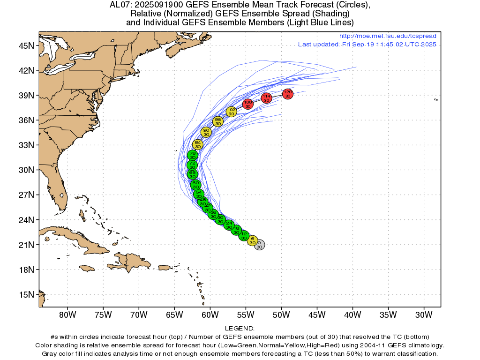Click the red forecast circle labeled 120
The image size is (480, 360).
tap(288, 94)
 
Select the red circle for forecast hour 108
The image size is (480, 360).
tap(248, 104)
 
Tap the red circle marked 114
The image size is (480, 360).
tap(267, 98)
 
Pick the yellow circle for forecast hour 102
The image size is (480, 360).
tap(232, 112)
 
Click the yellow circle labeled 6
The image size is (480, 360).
tap(252, 240)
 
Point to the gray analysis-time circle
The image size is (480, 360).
tap(260, 245)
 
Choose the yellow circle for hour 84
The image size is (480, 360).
tap(198, 144)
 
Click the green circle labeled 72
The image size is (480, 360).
tap(192, 165)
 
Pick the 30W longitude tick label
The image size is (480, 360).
tap(423, 314)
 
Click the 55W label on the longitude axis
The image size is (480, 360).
tap(245, 314)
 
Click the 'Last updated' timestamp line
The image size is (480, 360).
tap(367, 45)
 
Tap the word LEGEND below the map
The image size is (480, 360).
tap(240, 329)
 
